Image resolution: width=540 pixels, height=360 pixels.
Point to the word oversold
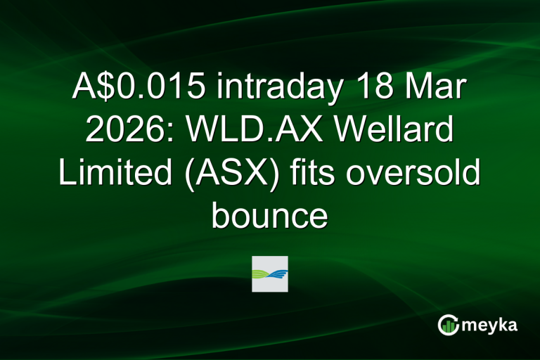tap(424, 172)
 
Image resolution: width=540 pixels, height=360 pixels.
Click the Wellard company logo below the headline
tap(270, 274)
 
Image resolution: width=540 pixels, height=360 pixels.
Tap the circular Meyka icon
tap(448, 324)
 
